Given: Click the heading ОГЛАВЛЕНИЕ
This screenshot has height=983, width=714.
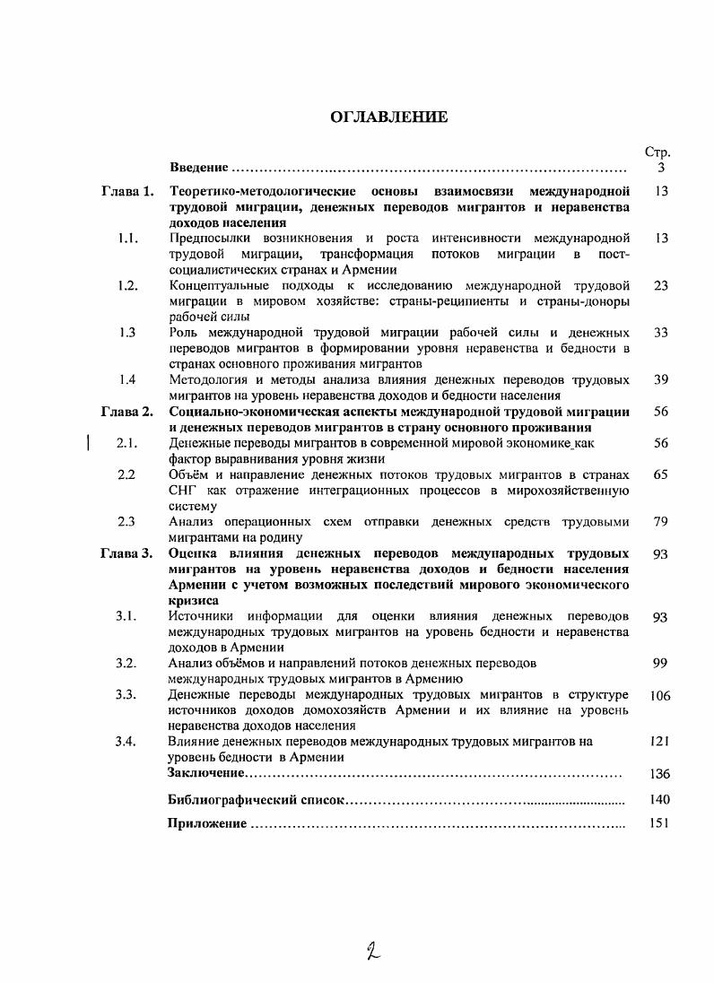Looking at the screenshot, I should click(x=388, y=117).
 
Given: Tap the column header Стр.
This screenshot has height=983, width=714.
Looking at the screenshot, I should click(x=657, y=152).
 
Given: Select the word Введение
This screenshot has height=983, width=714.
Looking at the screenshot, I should click(x=198, y=168).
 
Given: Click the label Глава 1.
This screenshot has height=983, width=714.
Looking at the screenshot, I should click(x=127, y=191).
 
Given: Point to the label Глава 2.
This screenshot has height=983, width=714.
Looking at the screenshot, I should click(x=127, y=412).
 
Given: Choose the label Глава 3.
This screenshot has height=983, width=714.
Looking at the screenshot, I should click(x=127, y=553).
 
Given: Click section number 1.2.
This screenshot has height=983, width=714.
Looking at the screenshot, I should click(x=127, y=285).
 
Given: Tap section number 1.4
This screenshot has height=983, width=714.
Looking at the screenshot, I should click(x=126, y=379).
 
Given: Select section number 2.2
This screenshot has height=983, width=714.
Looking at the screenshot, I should click(x=126, y=474).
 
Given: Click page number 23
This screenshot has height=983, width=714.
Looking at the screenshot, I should click(x=661, y=285).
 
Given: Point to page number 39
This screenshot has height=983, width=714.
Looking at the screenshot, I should click(x=661, y=379).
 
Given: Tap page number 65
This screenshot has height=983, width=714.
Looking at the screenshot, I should click(x=661, y=474).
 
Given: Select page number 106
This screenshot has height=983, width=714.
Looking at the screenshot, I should click(x=659, y=695).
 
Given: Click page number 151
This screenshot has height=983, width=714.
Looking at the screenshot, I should click(x=659, y=823).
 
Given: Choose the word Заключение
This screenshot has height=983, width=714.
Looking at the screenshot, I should click(x=206, y=772).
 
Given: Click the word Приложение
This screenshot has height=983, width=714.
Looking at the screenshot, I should click(x=207, y=823).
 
